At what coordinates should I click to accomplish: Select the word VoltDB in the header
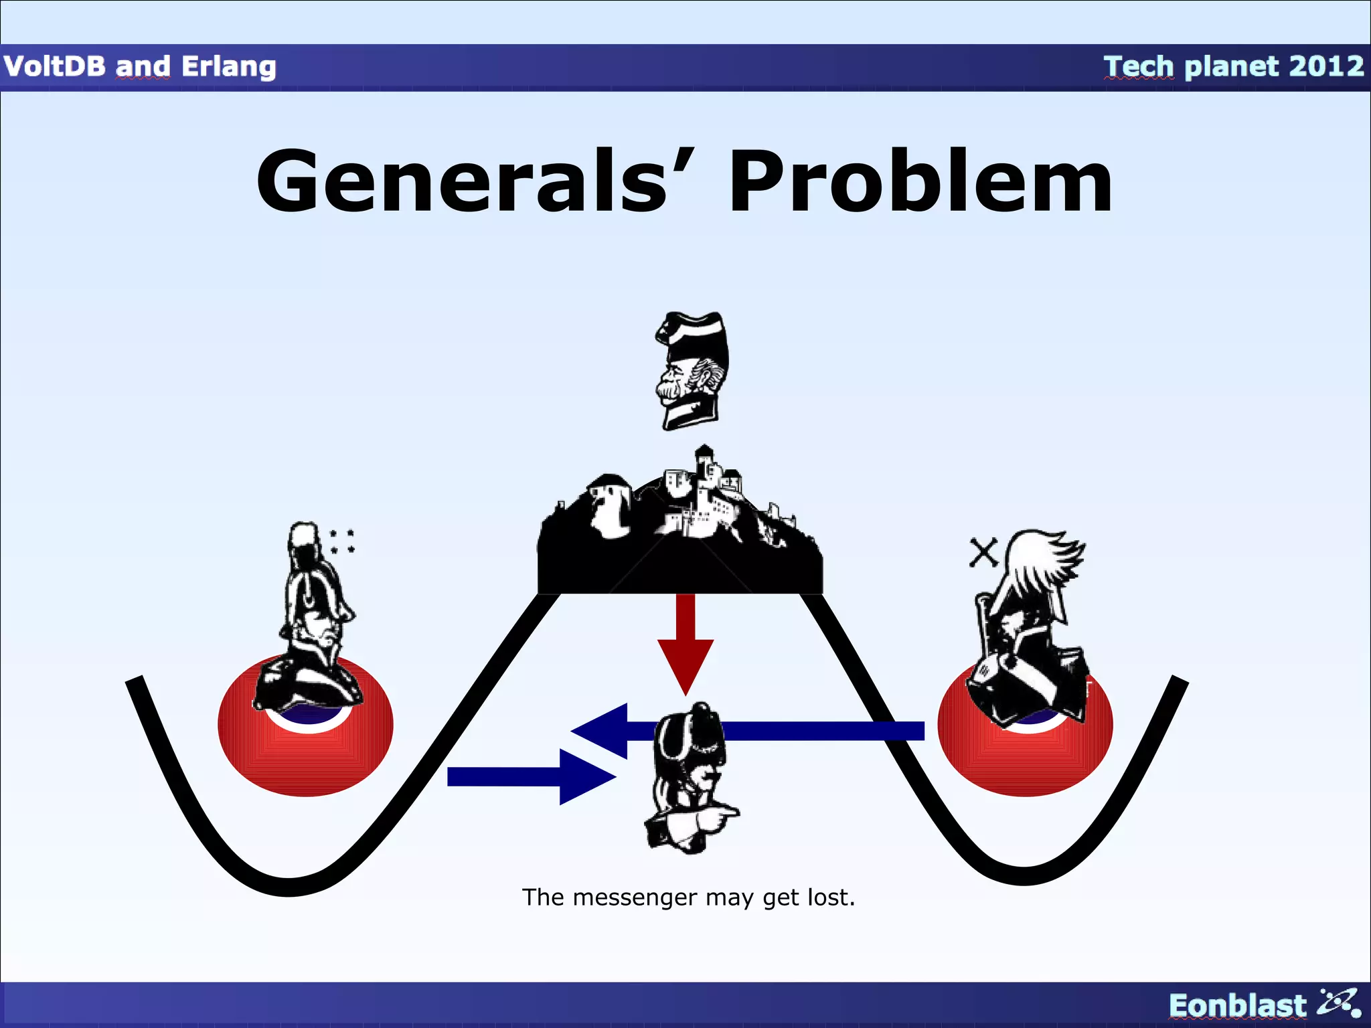coord(54,66)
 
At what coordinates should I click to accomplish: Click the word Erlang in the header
coord(229,67)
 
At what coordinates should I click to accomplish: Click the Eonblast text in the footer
coord(1237,1005)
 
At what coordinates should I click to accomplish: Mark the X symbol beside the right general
coord(983,553)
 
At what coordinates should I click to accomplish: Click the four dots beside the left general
coord(342,541)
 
